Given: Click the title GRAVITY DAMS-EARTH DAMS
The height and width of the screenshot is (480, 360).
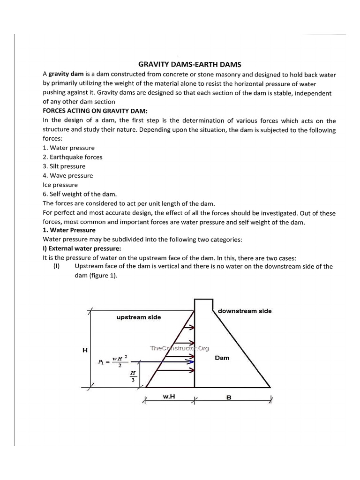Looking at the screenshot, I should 189,64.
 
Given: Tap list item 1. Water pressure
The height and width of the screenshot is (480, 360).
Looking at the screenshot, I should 68,148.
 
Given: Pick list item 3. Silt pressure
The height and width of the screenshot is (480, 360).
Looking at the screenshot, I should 64,166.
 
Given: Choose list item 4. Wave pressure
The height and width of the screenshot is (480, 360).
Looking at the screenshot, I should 68,175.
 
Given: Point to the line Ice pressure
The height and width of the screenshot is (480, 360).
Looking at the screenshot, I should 60,185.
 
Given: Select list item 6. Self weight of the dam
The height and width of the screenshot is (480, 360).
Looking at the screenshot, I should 80,194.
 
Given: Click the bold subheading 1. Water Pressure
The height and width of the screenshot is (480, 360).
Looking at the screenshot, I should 69,230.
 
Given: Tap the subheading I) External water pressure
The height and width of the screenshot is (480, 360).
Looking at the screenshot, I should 82,248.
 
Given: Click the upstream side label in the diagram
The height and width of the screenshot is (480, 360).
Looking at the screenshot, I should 138,317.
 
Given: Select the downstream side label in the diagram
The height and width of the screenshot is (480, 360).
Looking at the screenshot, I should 245,311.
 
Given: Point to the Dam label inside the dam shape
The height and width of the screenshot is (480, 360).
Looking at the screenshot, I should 222,358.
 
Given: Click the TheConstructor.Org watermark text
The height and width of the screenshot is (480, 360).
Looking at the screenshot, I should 179,348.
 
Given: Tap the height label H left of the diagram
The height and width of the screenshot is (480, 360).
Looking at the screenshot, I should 85,350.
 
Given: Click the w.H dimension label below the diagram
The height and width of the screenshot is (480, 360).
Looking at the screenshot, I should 169,397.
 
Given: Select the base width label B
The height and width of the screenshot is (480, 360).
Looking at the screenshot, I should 229,397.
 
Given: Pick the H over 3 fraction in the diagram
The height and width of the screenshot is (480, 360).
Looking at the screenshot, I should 133,376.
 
